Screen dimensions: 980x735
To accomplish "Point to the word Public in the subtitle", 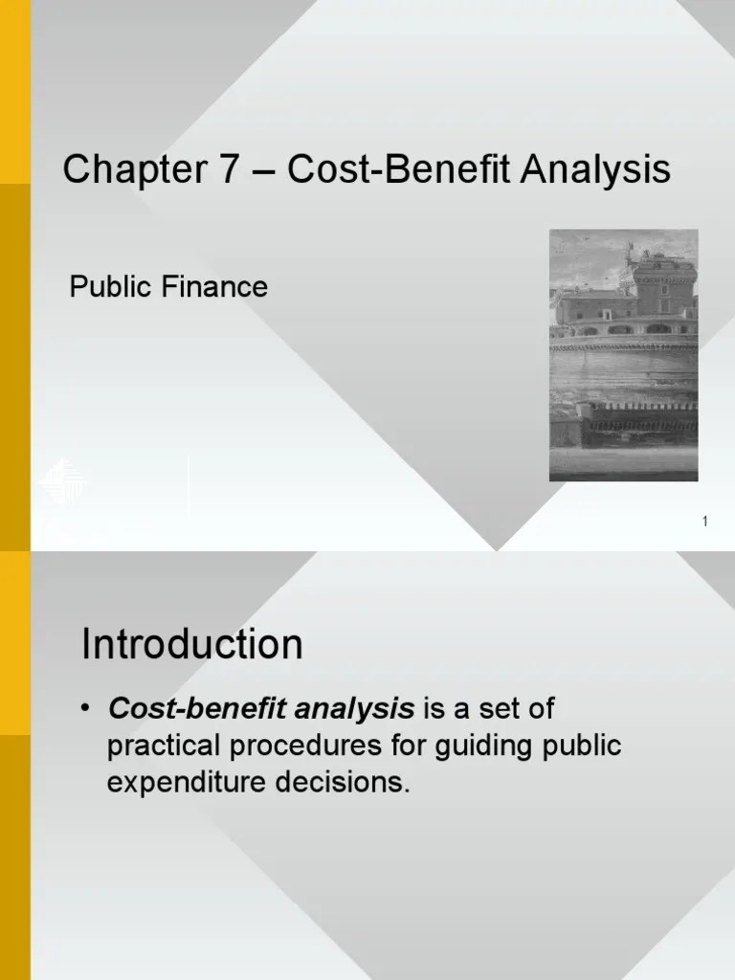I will click(x=104, y=286).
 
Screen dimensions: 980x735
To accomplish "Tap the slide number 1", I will click(x=704, y=522).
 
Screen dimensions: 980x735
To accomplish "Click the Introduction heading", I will click(x=192, y=645).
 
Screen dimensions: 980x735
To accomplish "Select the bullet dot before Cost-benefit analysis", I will click(x=88, y=711).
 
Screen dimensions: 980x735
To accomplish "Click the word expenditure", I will click(x=188, y=783).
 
